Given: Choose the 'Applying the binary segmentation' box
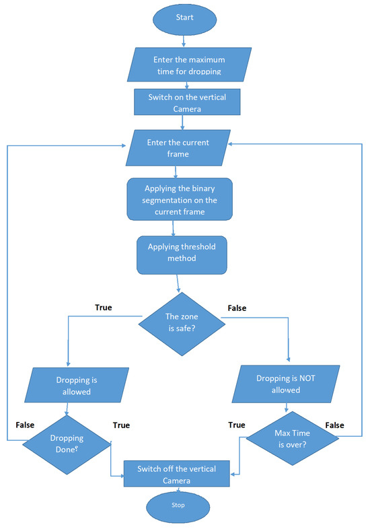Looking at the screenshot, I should click(x=179, y=199).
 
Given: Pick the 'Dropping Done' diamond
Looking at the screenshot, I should click(x=67, y=441).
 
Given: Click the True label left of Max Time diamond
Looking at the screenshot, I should click(x=237, y=425).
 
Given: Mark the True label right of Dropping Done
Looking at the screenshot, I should click(x=120, y=425).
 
